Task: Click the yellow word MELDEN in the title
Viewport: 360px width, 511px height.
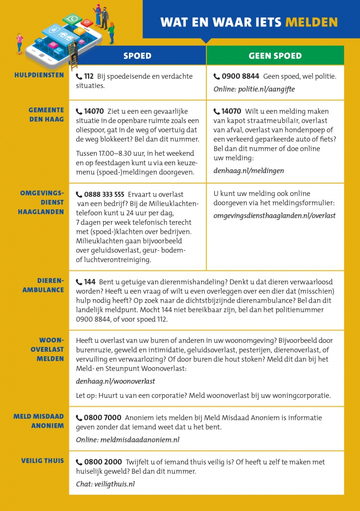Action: pos(311,22)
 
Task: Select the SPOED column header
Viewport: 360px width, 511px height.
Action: pos(137,56)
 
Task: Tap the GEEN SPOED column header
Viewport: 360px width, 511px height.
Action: pos(275,56)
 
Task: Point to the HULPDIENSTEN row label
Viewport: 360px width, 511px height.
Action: pos(42,75)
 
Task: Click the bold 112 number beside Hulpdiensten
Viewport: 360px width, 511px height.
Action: pos(89,76)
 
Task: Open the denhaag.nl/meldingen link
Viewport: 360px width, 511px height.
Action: pos(249,170)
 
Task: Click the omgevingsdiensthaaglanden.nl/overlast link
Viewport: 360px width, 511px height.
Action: pos(275,215)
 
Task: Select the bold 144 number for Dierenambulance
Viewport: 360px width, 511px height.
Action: pos(90,282)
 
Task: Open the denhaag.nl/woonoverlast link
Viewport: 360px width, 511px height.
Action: pos(116,382)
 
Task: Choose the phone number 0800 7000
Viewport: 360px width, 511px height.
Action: pos(103,418)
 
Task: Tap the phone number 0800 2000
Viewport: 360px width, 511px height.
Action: pos(103,462)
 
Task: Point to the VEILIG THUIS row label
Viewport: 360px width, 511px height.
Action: pos(43,461)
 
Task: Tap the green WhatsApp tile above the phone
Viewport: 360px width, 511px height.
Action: pos(73,19)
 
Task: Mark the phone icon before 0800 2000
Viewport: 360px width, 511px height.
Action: pos(79,462)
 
